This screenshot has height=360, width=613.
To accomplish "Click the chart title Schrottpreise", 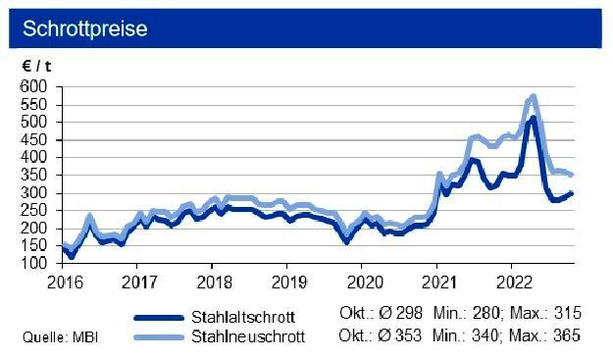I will [84, 28].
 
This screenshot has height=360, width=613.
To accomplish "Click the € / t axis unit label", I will [37, 66].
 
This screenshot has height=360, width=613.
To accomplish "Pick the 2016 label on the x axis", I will [61, 282].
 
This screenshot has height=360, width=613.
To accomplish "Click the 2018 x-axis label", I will [211, 282].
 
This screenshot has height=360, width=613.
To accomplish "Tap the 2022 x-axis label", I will [511, 282].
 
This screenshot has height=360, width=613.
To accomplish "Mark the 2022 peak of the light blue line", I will [533, 96].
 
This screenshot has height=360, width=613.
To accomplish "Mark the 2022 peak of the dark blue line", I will [532, 118].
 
